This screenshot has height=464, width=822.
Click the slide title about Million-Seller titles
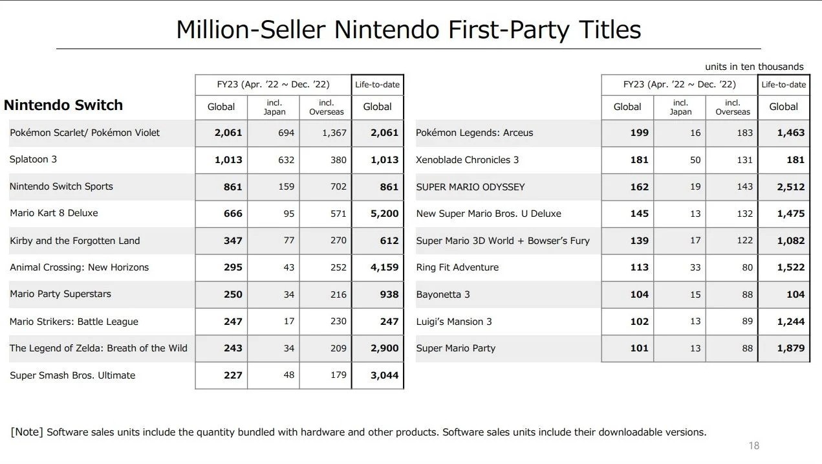pyautogui.click(x=408, y=30)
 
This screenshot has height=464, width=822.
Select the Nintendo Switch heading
pyautogui.click(x=63, y=105)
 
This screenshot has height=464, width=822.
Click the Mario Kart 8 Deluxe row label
pyautogui.click(x=54, y=213)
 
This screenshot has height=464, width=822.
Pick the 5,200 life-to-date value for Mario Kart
pyautogui.click(x=385, y=214)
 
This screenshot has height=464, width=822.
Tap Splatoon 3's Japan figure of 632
pyautogui.click(x=286, y=160)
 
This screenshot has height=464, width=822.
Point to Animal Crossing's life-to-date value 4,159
pyautogui.click(x=385, y=267)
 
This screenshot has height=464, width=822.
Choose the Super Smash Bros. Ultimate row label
pyautogui.click(x=72, y=375)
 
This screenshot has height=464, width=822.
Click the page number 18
pyautogui.click(x=753, y=445)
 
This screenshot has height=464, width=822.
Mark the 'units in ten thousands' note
pyautogui.click(x=754, y=67)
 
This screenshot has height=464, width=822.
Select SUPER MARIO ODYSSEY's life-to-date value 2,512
pyautogui.click(x=791, y=187)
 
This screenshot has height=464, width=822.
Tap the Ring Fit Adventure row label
pyautogui.click(x=457, y=267)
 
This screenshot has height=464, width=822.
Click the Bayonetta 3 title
pyautogui.click(x=443, y=294)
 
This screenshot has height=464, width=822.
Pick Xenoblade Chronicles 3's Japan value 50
pyautogui.click(x=695, y=160)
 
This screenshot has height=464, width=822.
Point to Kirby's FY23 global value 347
pyautogui.click(x=233, y=241)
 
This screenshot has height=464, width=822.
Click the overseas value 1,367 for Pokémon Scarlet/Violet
pyautogui.click(x=334, y=133)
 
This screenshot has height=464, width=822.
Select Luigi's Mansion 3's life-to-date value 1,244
pyautogui.click(x=791, y=322)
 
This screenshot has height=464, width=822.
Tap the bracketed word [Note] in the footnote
pyautogui.click(x=27, y=432)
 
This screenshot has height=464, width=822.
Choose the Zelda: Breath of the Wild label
pyautogui.click(x=98, y=348)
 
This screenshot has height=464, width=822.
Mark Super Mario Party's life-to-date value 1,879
pyautogui.click(x=791, y=348)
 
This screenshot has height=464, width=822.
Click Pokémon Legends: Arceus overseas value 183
pyautogui.click(x=744, y=133)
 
